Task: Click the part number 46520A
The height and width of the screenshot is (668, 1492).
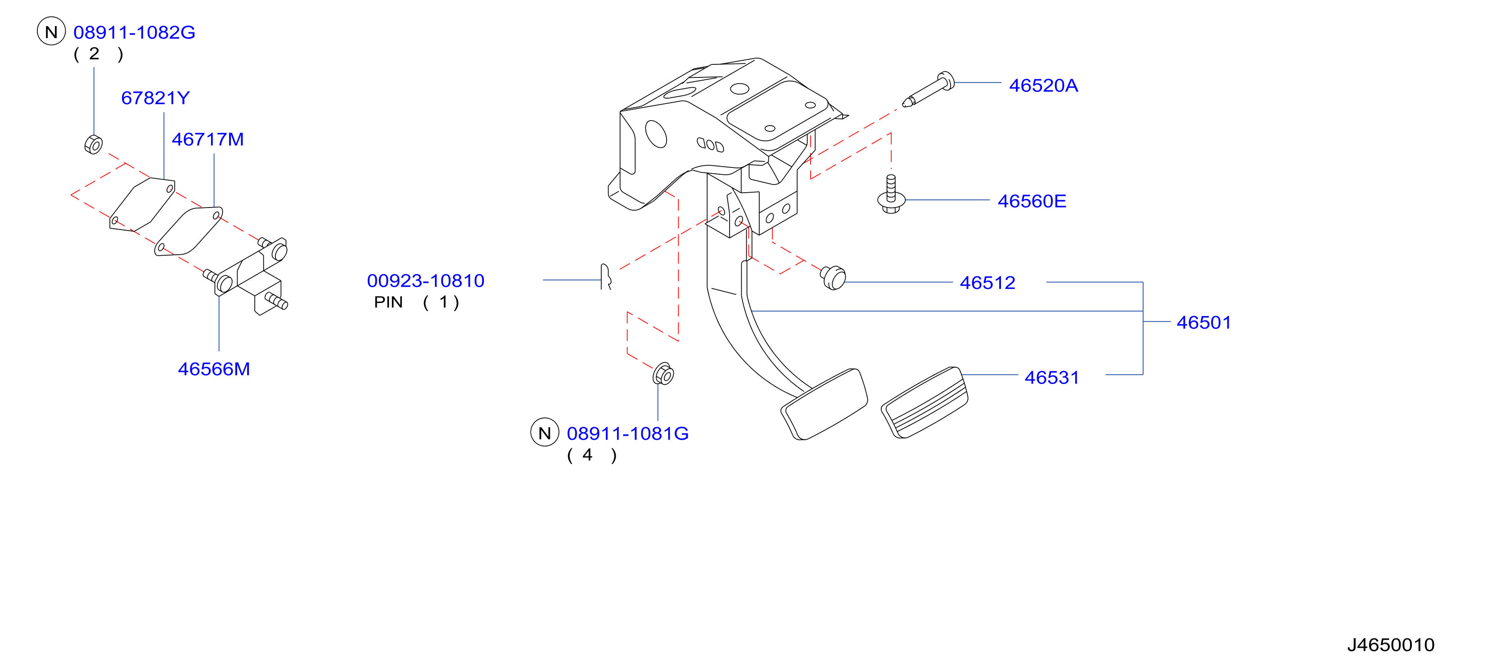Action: [x=1043, y=86]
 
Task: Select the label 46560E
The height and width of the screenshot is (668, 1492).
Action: [x=1032, y=201]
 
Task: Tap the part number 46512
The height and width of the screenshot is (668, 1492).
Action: [x=987, y=283]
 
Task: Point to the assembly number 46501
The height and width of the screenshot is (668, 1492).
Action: [x=1204, y=322]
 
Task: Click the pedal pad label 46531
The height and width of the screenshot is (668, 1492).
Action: [x=1052, y=378]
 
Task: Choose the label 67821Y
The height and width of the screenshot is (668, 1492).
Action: [x=155, y=98]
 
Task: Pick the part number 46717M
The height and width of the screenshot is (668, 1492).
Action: [x=207, y=140]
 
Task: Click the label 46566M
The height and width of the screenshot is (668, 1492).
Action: [x=214, y=369]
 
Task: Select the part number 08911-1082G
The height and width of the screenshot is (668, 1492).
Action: [x=135, y=32]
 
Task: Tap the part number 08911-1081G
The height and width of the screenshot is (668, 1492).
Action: [x=628, y=433]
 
